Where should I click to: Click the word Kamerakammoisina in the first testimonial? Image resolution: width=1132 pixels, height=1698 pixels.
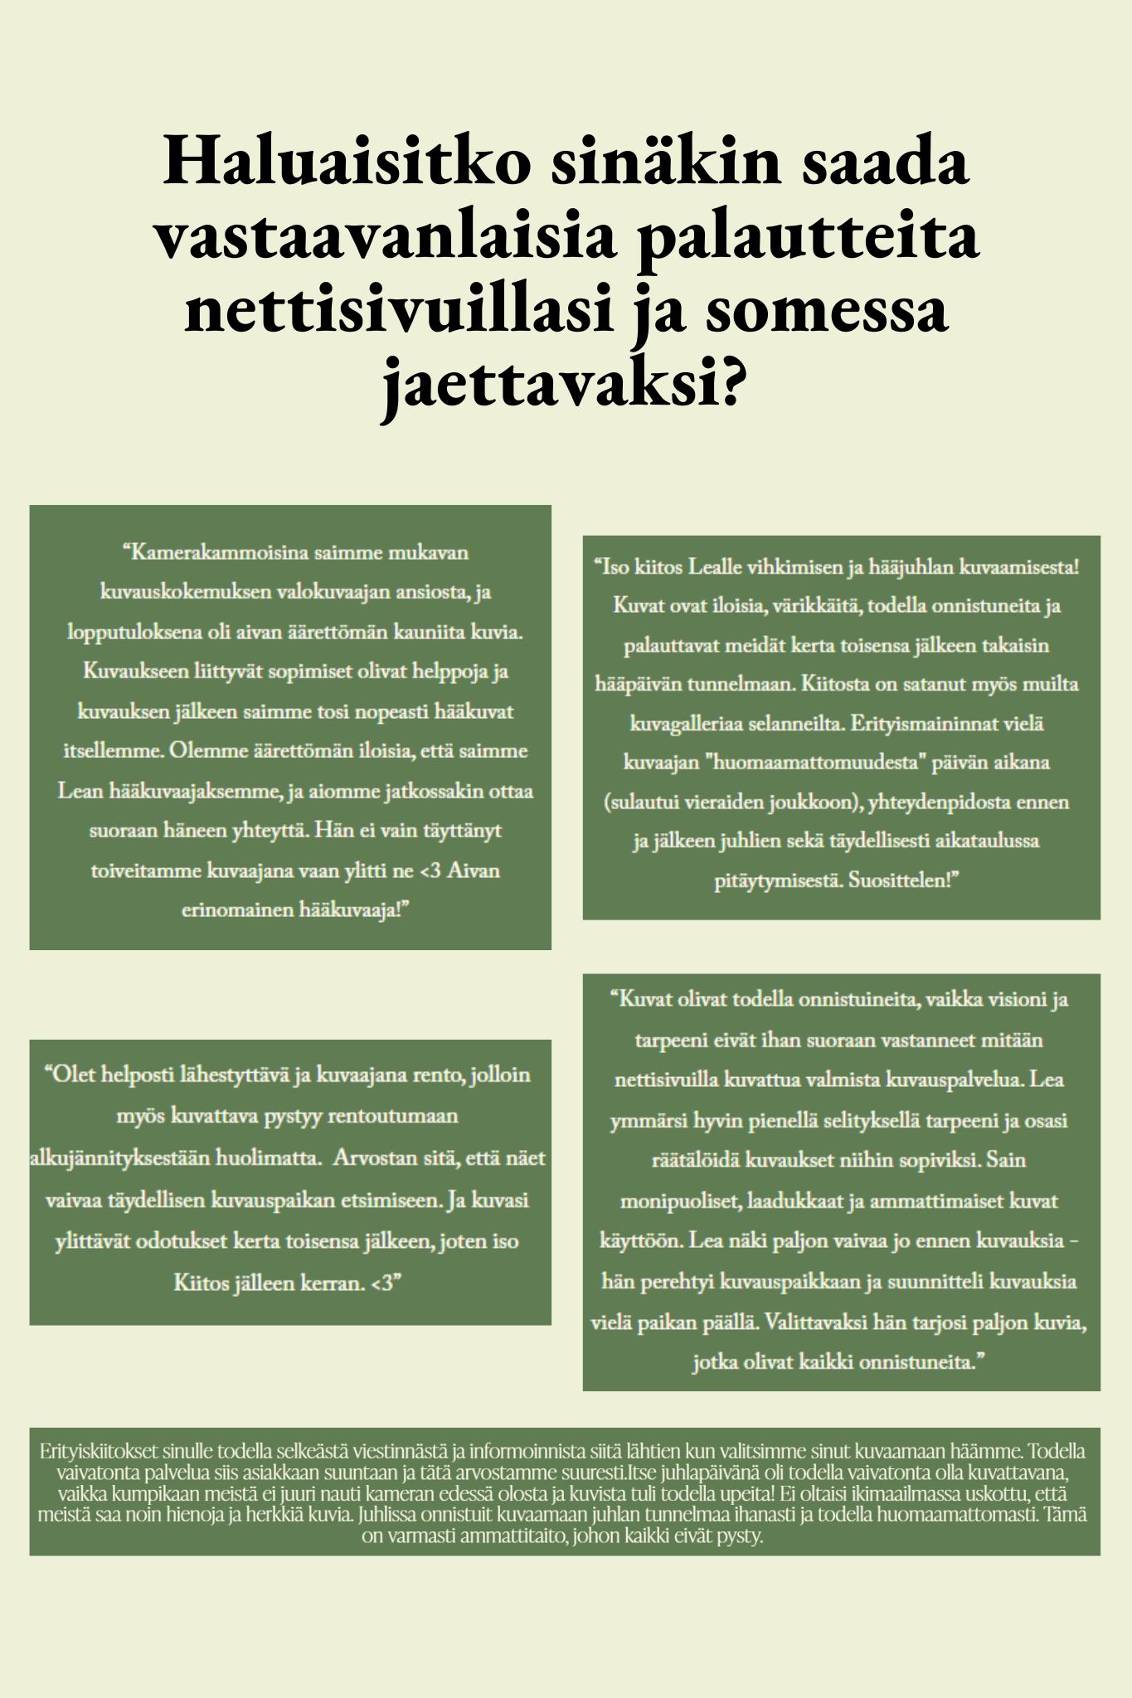[x=211, y=552]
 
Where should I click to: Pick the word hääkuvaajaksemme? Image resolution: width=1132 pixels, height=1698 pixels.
[x=196, y=791]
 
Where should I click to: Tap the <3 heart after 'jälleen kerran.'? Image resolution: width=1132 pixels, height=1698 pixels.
[x=384, y=1283]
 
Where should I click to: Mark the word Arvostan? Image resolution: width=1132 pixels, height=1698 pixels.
[x=372, y=1158]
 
